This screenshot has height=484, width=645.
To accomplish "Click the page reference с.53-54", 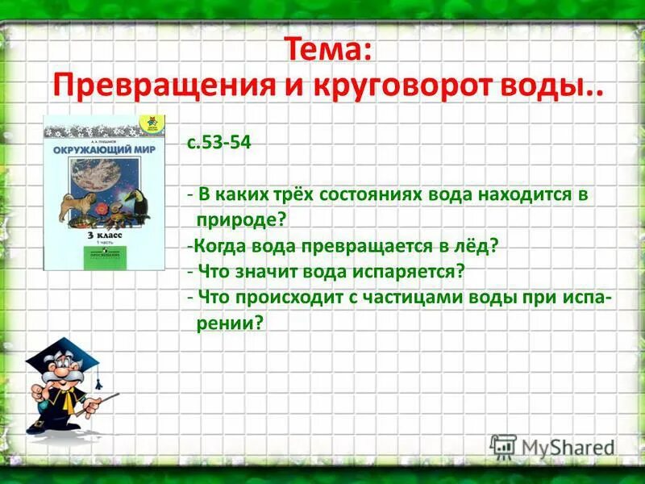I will click(219, 142).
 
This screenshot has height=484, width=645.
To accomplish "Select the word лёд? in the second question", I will click(480, 245).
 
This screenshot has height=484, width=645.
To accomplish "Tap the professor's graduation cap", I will click(60, 355).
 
